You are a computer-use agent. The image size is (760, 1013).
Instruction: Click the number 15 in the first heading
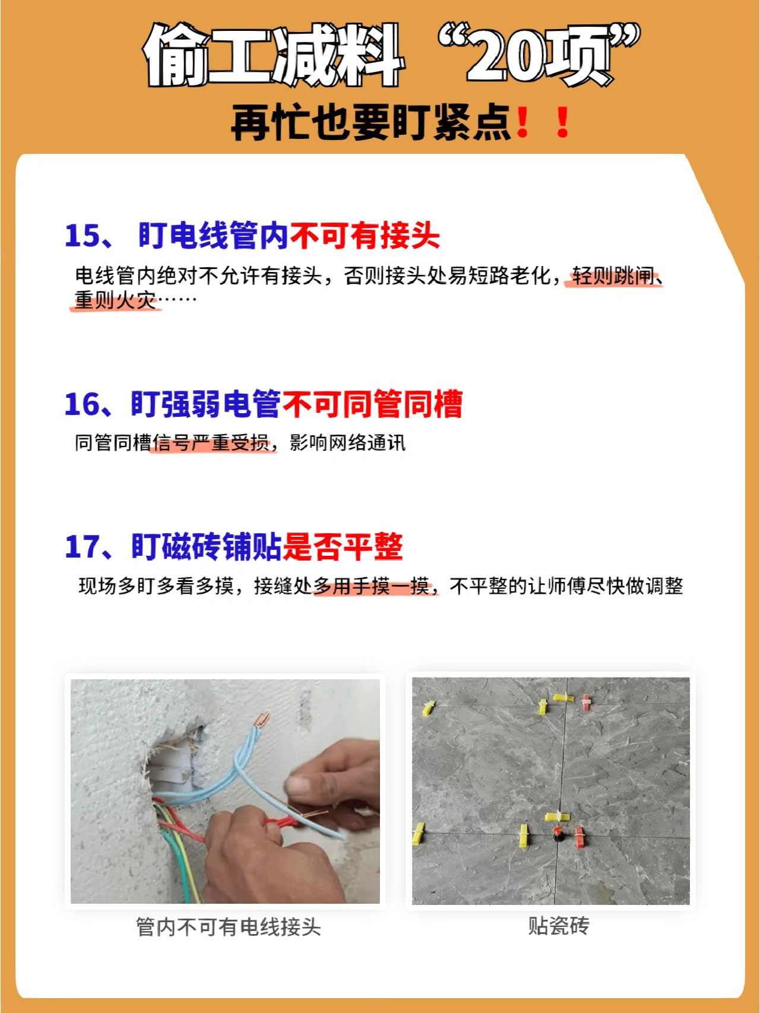tap(83, 236)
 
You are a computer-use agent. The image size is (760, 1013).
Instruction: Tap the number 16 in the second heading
tap(83, 404)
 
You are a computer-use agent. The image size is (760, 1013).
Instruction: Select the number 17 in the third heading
tap(83, 546)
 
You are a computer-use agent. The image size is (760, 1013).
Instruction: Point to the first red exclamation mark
tap(522, 122)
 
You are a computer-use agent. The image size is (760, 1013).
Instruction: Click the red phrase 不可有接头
tap(365, 236)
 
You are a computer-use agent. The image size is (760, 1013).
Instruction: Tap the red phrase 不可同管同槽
tap(372, 404)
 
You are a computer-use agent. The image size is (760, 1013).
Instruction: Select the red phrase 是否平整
tap(343, 546)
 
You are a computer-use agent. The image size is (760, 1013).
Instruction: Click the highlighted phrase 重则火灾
tap(115, 300)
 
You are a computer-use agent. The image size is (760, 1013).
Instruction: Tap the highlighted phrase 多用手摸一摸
tap(372, 587)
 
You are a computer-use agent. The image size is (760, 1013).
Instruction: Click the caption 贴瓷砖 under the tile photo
tap(559, 926)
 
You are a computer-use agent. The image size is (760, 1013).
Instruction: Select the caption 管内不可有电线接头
tap(229, 927)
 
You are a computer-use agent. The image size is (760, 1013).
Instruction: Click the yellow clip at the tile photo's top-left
tap(428, 708)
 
